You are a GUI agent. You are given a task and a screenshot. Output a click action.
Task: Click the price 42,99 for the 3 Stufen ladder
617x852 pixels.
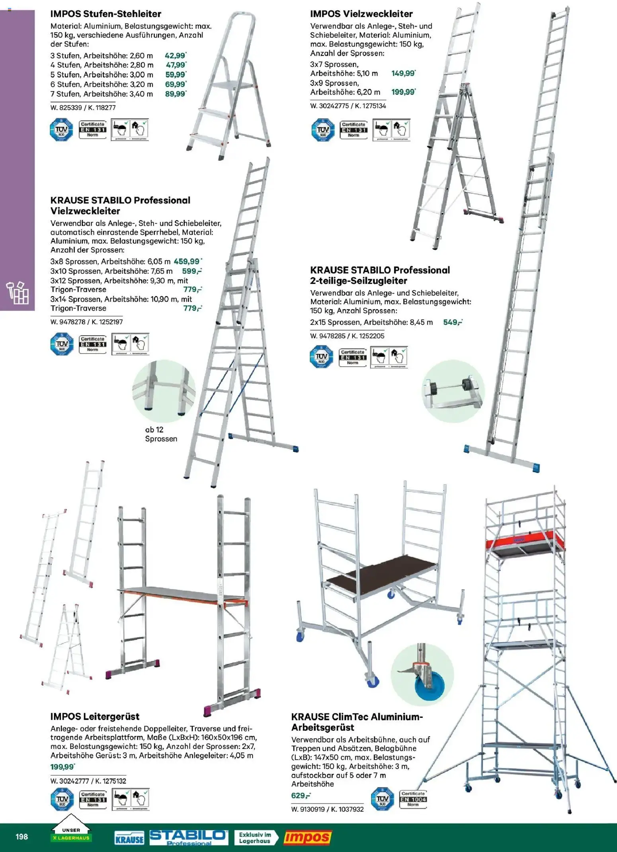coord(175,56)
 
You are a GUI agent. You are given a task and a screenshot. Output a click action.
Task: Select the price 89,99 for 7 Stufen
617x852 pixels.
coord(175,94)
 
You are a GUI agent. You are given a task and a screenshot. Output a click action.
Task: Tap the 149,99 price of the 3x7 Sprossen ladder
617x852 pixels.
coord(403,73)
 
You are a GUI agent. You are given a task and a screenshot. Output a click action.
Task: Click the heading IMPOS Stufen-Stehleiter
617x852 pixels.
coord(105,14)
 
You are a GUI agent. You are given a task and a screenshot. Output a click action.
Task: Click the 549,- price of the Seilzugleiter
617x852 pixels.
coord(453,322)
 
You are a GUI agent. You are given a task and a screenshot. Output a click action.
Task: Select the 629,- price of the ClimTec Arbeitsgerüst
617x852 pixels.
coord(301,795)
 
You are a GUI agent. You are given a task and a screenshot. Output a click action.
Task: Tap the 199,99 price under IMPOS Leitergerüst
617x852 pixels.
coord(62,767)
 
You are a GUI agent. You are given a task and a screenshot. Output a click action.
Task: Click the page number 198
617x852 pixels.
coord(21,836)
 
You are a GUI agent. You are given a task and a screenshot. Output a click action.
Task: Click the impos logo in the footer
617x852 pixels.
coord(307,838)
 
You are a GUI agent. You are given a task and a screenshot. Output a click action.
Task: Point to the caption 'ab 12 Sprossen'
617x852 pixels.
coord(161,434)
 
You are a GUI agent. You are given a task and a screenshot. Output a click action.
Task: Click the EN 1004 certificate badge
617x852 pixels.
coord(413,799)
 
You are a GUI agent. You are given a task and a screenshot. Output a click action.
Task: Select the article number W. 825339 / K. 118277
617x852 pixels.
coord(83,107)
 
